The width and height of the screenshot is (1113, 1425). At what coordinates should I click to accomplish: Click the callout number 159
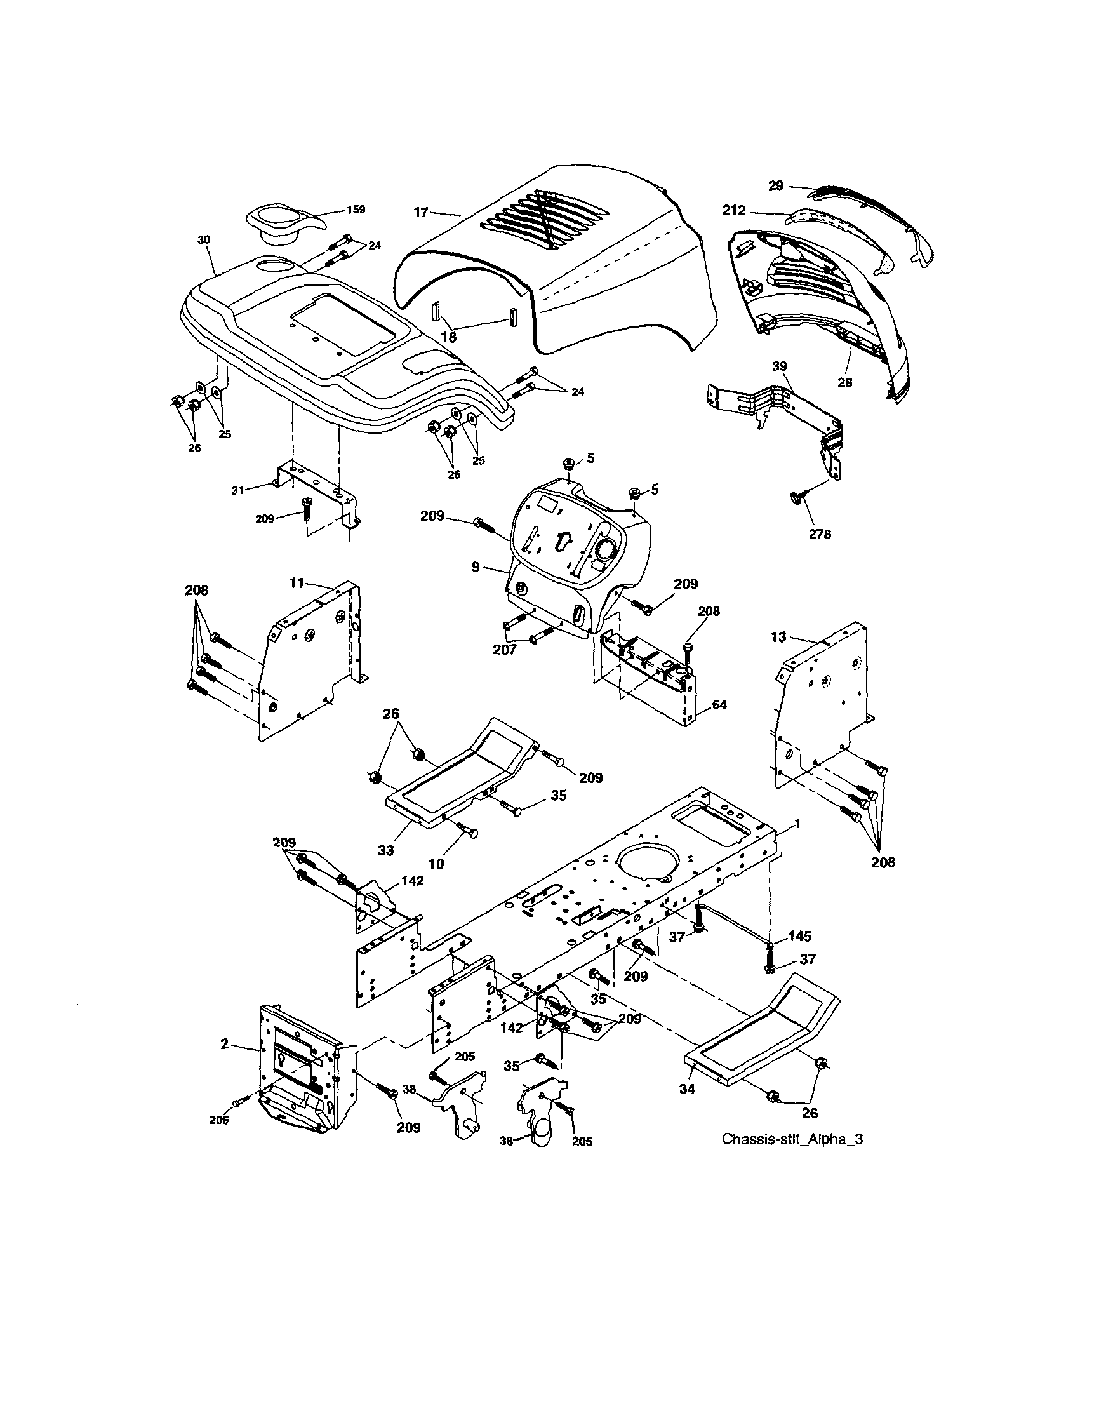[356, 210]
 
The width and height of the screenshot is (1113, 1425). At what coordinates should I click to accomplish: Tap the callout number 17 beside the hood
[421, 212]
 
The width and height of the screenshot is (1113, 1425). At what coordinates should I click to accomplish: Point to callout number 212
[735, 211]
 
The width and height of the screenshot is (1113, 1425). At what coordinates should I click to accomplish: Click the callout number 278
[820, 535]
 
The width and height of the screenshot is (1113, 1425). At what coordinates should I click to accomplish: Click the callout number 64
[719, 705]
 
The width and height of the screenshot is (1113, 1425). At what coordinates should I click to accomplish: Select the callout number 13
[778, 637]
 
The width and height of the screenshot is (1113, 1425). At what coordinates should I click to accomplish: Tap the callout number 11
[297, 583]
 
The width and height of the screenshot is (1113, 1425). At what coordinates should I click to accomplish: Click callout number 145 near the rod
[799, 936]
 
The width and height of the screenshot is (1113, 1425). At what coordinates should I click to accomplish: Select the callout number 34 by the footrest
[687, 1088]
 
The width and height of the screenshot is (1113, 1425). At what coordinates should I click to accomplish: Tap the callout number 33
[385, 850]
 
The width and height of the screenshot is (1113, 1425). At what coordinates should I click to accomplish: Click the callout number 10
[436, 864]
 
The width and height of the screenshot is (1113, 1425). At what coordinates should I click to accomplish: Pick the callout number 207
[505, 649]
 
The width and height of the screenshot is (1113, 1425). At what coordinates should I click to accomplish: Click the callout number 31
[237, 490]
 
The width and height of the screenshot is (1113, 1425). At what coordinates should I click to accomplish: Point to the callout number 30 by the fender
[204, 240]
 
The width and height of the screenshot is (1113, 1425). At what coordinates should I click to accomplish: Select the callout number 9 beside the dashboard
[476, 568]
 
